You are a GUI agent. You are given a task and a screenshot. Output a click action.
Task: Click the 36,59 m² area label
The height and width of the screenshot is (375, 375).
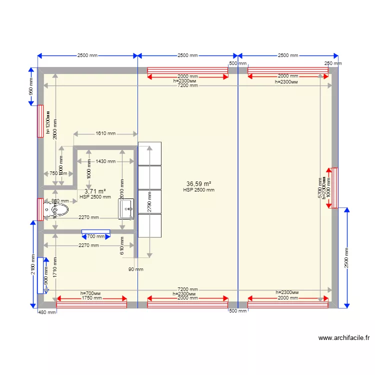pos(198,184)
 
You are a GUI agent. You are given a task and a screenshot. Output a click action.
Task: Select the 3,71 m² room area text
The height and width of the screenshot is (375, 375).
pos(95,191)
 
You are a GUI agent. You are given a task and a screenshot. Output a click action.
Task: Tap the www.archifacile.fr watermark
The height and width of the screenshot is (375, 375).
pos(344,338)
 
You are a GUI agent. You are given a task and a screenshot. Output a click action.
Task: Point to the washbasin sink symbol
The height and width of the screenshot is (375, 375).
pos(126,209)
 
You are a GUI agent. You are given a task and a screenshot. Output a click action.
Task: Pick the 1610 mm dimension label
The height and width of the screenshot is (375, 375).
pos(105,133)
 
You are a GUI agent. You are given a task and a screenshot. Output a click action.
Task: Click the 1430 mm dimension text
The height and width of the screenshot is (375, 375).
pos(105,161)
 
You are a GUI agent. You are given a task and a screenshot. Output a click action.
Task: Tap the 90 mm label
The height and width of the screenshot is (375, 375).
pos(135,269)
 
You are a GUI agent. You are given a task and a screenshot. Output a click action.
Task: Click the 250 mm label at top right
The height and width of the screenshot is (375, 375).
pos(333,63)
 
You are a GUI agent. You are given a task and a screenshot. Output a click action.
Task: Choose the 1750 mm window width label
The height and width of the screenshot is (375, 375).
pos(91,298)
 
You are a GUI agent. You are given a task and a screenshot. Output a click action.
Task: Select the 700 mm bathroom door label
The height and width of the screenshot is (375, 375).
pos(96,236)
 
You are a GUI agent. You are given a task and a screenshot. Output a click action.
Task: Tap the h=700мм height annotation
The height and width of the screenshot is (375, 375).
pos(91,293)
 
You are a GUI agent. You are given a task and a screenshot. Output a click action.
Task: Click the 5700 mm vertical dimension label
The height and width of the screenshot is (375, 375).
pos(320,187)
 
